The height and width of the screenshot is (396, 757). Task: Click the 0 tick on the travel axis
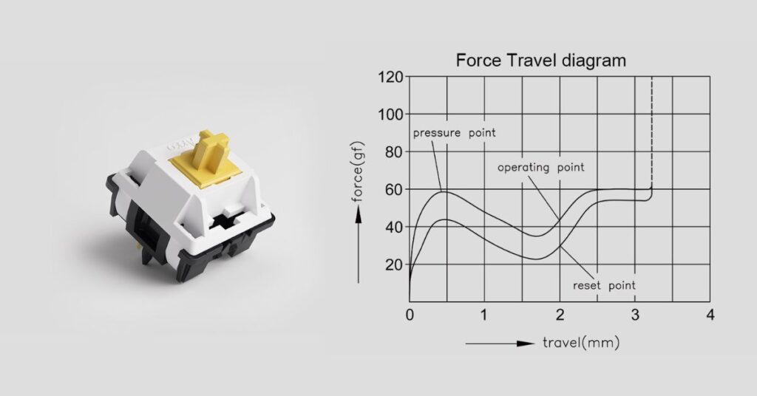pyautogui.click(x=410, y=315)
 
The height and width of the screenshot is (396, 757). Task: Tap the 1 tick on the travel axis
pyautogui.click(x=484, y=315)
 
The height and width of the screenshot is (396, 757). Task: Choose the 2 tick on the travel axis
pyautogui.click(x=560, y=315)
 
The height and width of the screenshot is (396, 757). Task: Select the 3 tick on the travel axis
pyautogui.click(x=635, y=315)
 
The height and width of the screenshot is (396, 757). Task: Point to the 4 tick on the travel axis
pyautogui.click(x=710, y=315)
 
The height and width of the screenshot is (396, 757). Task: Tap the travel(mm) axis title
pyautogui.click(x=581, y=343)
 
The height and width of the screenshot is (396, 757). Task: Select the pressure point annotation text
pyautogui.click(x=454, y=133)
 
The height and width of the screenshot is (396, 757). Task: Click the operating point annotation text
pyautogui.click(x=540, y=168)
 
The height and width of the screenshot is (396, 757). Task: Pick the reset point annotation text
pyautogui.click(x=604, y=284)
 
